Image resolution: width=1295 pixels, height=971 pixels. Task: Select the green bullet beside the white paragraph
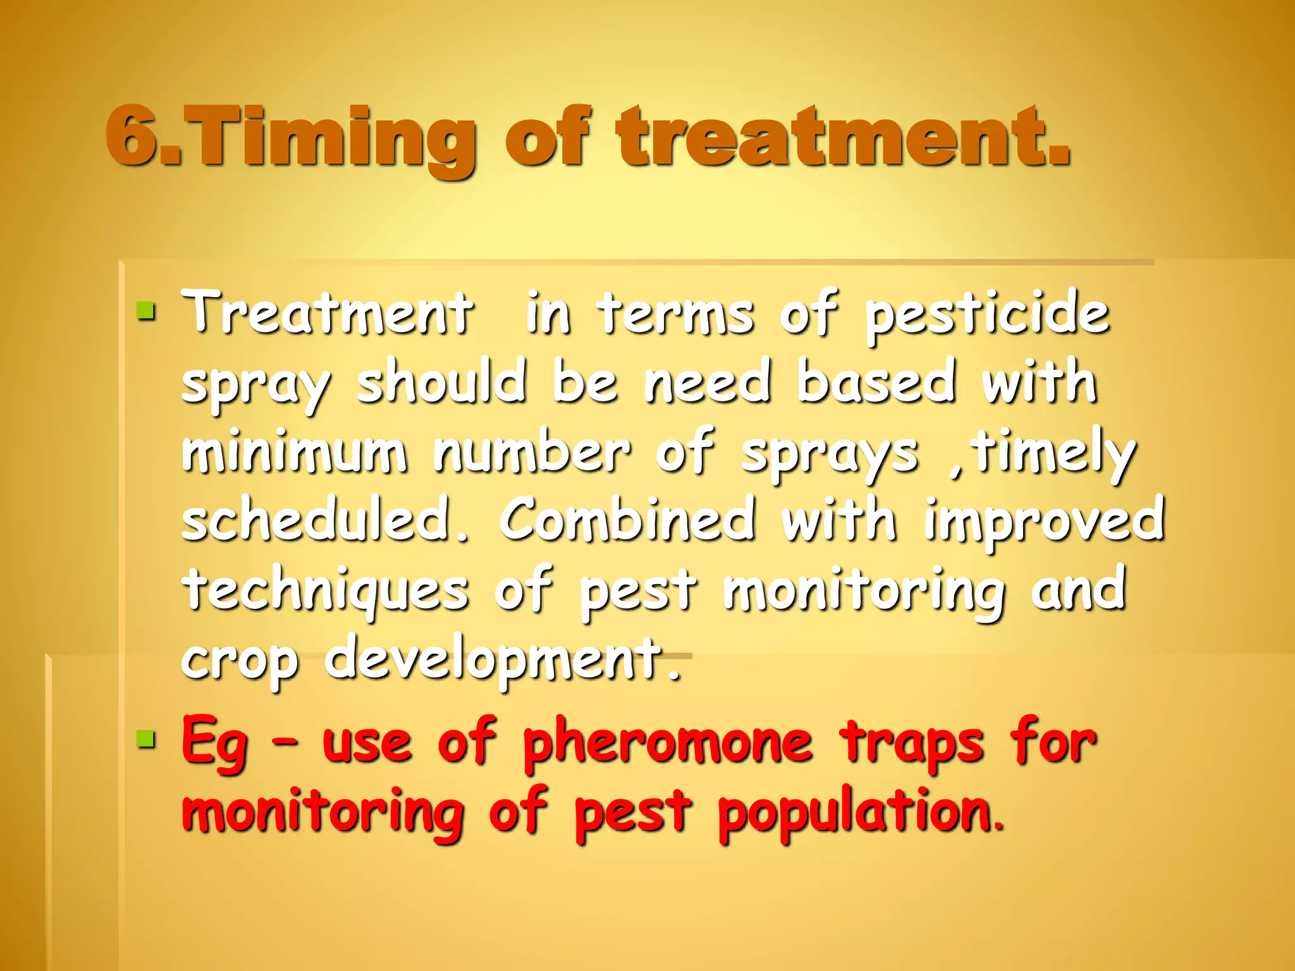coord(146,310)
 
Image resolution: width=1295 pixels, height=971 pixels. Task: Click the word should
coord(441,381)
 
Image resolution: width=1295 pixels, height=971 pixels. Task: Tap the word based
coord(876,381)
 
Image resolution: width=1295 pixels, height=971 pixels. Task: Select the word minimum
coord(295,451)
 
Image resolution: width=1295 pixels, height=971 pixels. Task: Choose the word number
coord(532,451)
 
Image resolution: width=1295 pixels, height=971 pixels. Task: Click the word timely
coord(1053,453)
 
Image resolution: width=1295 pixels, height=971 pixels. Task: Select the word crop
coord(240,663)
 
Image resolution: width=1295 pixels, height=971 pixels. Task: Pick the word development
coord(503,661)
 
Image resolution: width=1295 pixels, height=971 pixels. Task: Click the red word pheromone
coord(668,743)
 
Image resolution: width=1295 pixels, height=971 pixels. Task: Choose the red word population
coord(860,813)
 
